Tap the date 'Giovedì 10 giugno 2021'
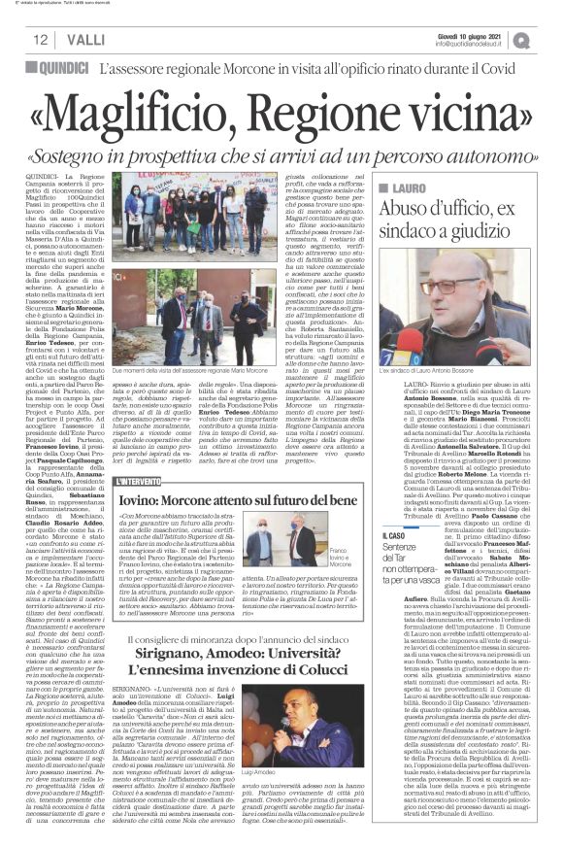491,35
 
